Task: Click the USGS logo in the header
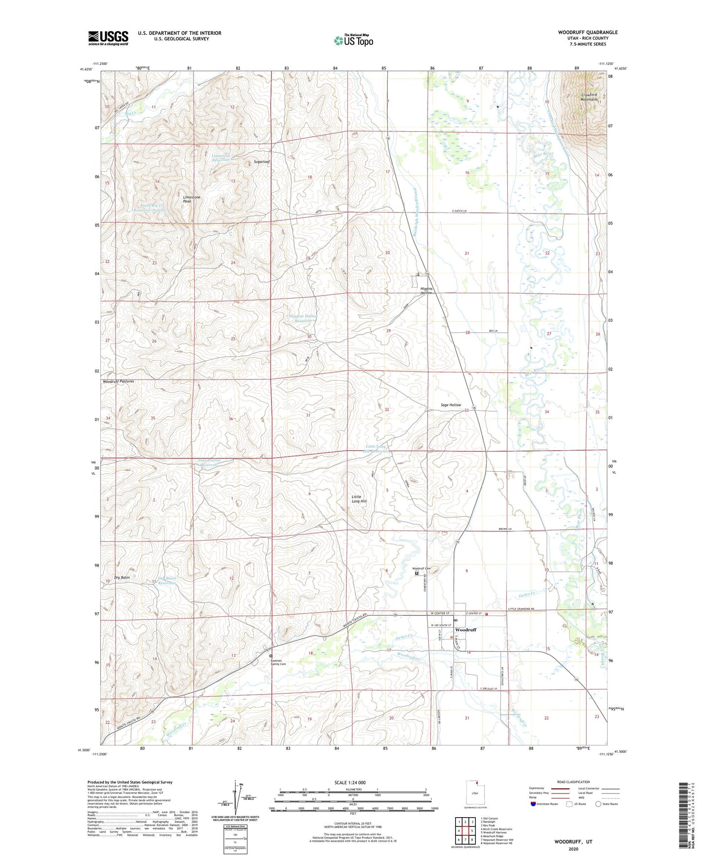pyautogui.click(x=108, y=38)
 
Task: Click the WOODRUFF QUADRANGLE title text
pyautogui.click(x=587, y=32)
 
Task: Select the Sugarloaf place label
pyautogui.click(x=262, y=162)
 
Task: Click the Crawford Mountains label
pyautogui.click(x=589, y=97)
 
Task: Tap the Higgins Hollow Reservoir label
pyautogui.click(x=303, y=318)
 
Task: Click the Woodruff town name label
pyautogui.click(x=465, y=630)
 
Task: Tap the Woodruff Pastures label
pyautogui.click(x=119, y=381)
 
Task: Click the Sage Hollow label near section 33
pyautogui.click(x=451, y=405)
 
